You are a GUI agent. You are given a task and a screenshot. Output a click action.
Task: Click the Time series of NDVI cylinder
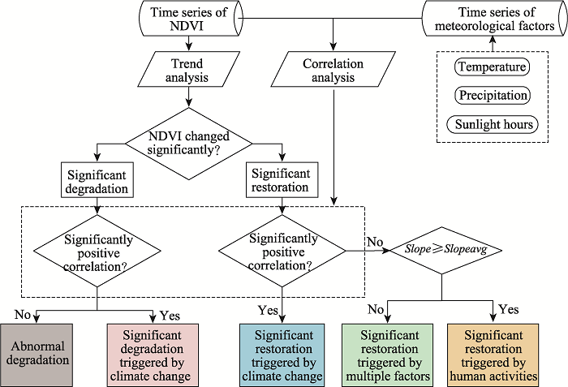(x=191, y=18)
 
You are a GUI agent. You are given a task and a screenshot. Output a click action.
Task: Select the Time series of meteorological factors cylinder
(x=495, y=18)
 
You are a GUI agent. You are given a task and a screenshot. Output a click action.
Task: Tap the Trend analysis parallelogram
(x=188, y=69)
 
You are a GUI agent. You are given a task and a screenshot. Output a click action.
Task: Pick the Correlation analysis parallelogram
(x=333, y=69)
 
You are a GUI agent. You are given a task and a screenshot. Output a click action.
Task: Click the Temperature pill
(x=492, y=67)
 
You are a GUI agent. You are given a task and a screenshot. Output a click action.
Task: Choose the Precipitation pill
(x=493, y=95)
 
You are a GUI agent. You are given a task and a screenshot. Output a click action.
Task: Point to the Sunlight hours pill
(x=493, y=124)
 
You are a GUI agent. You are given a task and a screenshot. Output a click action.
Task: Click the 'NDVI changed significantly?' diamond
(x=189, y=144)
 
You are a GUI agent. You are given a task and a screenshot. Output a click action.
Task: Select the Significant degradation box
(x=97, y=180)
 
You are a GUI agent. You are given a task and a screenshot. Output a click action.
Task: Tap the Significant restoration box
(x=282, y=180)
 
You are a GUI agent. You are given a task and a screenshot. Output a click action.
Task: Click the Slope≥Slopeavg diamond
(x=446, y=250)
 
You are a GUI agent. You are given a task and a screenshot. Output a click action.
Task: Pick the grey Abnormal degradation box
(x=37, y=355)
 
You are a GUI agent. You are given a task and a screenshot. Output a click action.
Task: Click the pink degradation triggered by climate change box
(x=153, y=355)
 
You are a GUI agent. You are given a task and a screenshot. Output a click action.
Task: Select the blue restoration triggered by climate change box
(x=282, y=355)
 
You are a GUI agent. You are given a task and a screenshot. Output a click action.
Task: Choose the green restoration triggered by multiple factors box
(x=387, y=355)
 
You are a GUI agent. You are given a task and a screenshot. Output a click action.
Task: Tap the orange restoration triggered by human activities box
(x=493, y=355)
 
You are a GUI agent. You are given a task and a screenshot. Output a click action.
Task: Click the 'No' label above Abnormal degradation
(x=23, y=314)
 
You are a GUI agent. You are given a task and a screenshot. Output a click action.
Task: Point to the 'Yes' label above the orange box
(x=509, y=309)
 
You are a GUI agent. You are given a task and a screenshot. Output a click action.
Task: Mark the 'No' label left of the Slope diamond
(x=375, y=241)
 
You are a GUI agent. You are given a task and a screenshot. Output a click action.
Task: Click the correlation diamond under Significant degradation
(x=97, y=252)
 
